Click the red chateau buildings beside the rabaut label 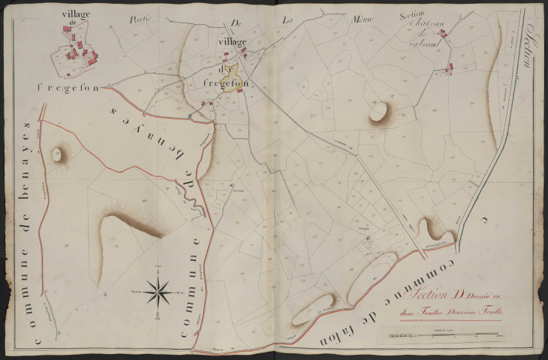click(443, 34)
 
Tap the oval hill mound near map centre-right click(378, 112)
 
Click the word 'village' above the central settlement click(233, 43)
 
